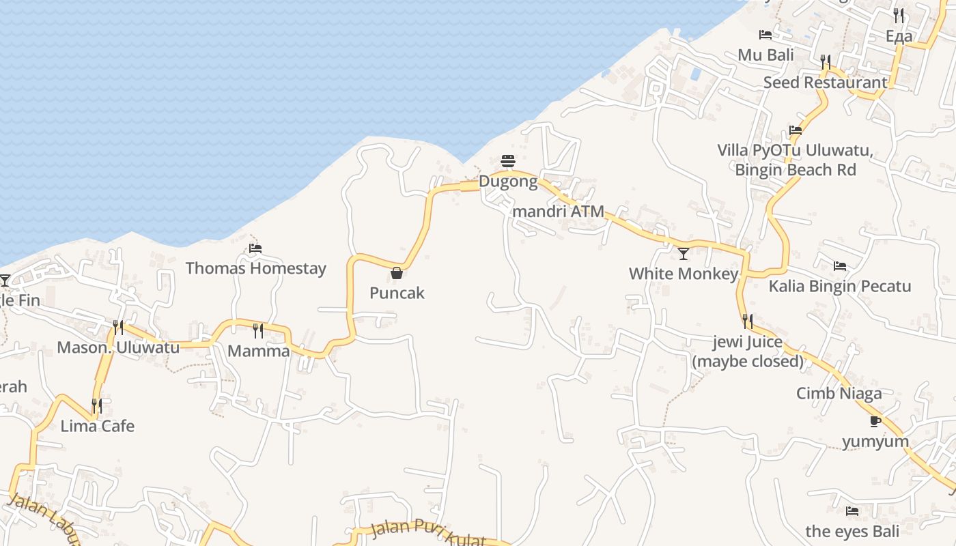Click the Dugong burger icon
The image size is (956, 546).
(508, 161)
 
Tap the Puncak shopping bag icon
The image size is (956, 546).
(397, 273)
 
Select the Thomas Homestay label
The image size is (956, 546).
(256, 268)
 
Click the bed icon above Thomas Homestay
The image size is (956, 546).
(255, 248)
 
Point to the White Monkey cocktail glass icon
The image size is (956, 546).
(683, 254)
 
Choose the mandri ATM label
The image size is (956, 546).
(558, 212)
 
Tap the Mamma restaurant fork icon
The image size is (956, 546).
(258, 331)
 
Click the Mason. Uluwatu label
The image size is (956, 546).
(118, 347)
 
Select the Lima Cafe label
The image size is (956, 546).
(98, 427)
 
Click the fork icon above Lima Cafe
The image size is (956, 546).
(97, 407)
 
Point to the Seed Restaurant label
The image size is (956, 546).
(825, 83)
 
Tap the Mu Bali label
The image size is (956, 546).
(765, 55)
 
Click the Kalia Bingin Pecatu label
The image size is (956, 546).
(839, 286)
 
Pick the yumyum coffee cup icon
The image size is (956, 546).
(875, 421)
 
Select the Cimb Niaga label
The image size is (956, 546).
(839, 393)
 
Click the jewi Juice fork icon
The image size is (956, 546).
(748, 321)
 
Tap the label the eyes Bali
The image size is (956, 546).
(852, 531)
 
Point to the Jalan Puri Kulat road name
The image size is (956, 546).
(428, 534)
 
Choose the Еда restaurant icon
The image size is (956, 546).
(899, 16)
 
